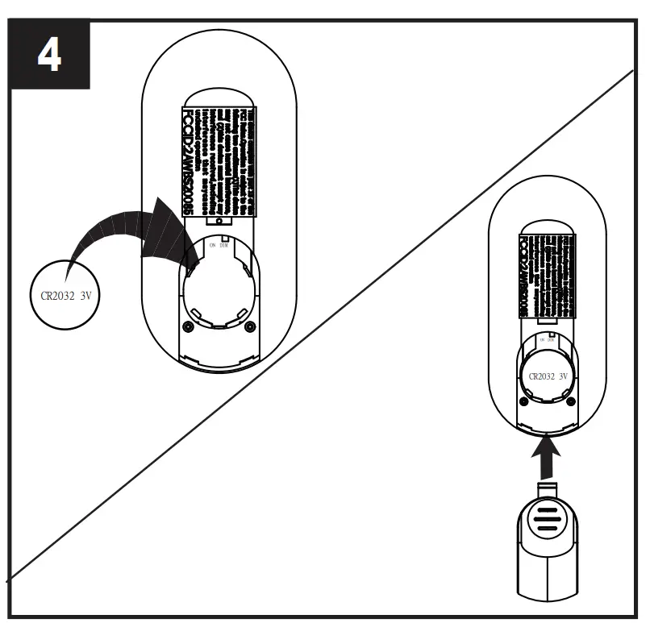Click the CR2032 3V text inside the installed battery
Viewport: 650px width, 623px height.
pos(548,376)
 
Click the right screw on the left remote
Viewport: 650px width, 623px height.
pos(249,326)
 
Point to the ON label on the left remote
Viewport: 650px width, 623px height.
pos(213,245)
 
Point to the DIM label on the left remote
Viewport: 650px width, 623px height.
pos(226,245)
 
